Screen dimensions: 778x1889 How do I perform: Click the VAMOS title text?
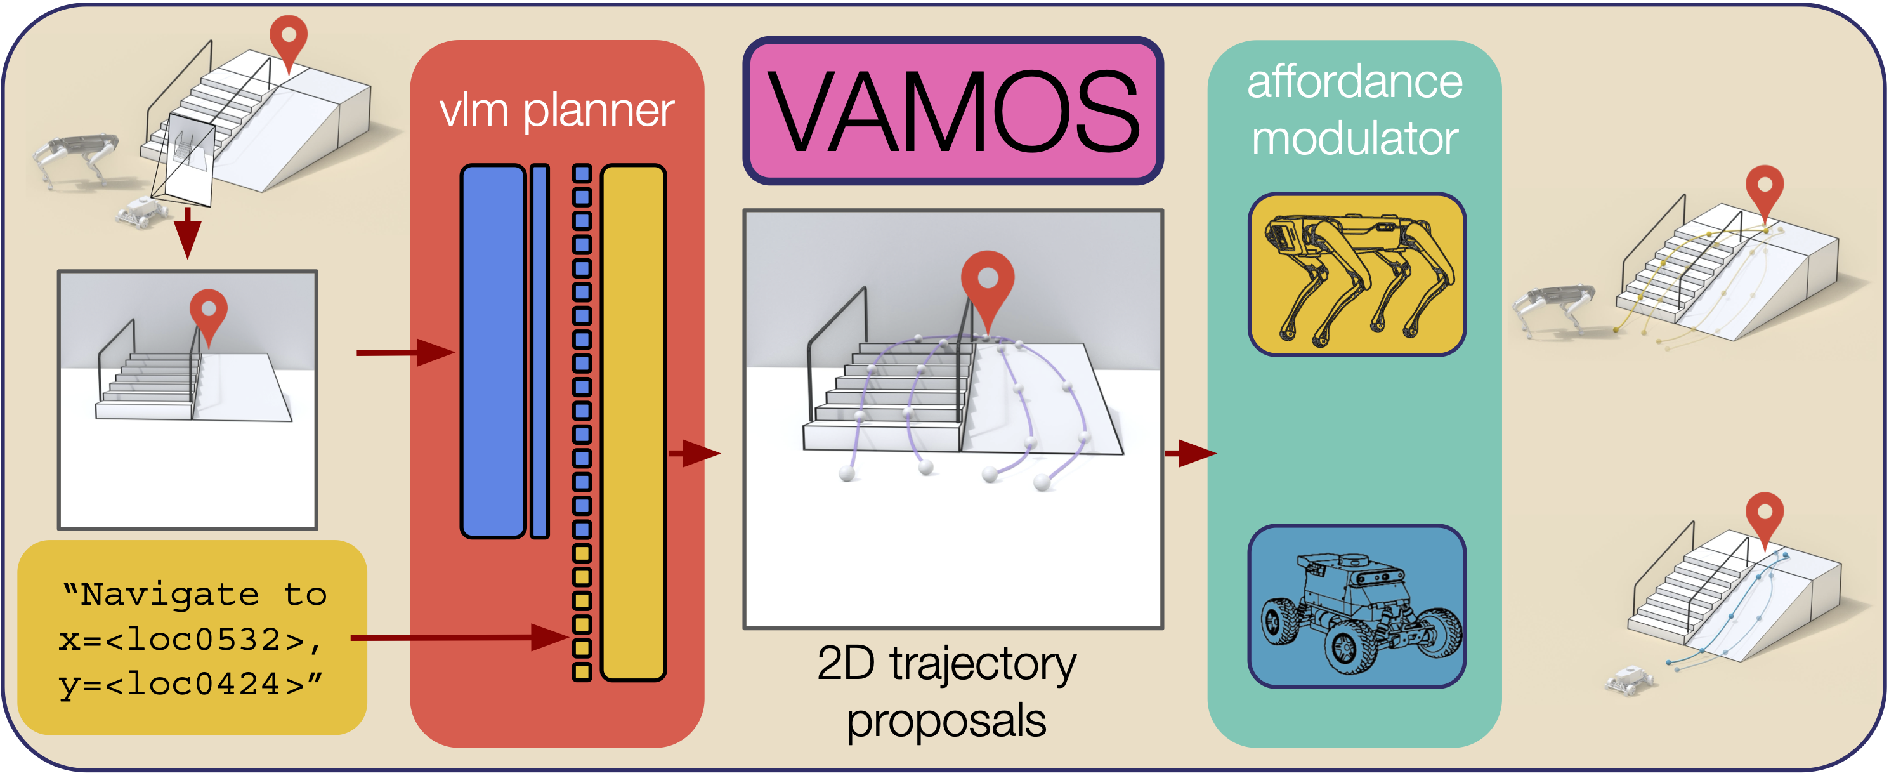[953, 112]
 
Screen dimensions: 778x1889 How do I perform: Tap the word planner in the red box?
[598, 112]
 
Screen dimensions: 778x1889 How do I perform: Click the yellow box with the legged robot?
[1357, 275]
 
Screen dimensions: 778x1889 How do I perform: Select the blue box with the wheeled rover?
[1357, 607]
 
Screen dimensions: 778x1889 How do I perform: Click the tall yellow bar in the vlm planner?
[633, 423]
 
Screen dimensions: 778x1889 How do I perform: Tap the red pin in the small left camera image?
[208, 312]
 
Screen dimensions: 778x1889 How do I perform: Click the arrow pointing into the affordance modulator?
[1189, 453]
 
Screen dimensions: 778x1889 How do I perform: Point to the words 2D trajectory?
[946, 663]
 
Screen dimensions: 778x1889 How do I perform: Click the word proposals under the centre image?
[946, 720]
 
